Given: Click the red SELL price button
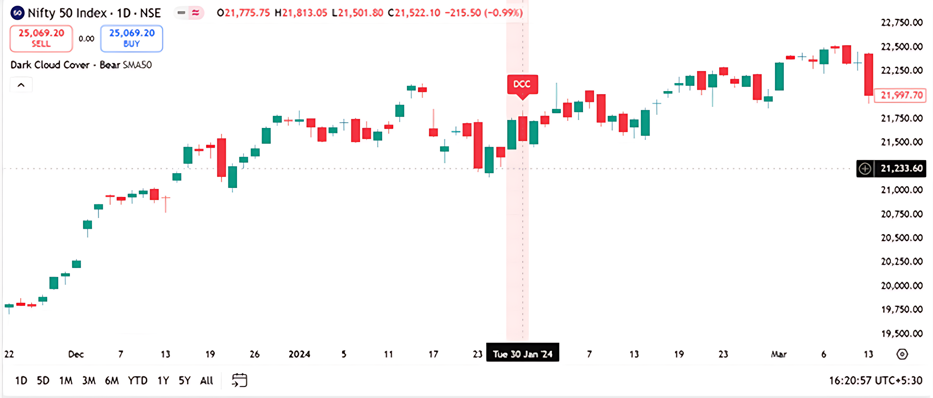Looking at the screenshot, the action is pos(41,39).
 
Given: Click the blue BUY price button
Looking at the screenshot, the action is pos(132,39).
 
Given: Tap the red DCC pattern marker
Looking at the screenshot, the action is pos(522,85).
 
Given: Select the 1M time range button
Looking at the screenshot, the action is pos(66,381).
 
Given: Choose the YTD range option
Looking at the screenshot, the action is pos(138,381).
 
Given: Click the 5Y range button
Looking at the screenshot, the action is pos(184,381).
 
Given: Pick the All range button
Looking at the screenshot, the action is pos(206,381).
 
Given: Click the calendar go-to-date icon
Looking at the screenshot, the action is pos(239,380).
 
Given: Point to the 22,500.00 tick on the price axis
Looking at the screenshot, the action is pos(902,46).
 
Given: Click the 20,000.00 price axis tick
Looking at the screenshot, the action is pos(902,286).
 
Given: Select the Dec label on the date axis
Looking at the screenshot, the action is pos(76,354).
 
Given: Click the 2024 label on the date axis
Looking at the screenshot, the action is pos(299,354).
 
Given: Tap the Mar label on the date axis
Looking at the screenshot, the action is pos(779,354).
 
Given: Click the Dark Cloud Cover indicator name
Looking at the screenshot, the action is pos(50,65).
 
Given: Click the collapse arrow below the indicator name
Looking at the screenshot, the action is pos(21,85).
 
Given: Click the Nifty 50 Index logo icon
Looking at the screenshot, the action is pos(17,13).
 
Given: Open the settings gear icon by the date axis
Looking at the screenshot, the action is pos(902,354).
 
